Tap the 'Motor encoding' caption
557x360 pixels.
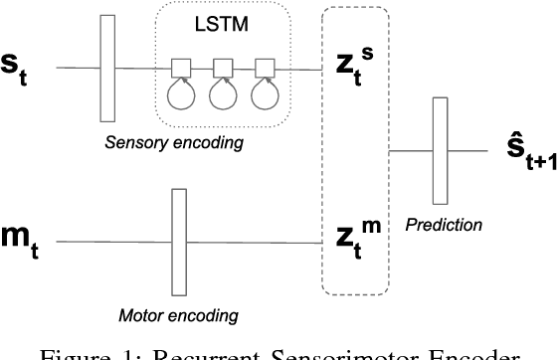click(180, 316)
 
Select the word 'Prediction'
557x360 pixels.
click(444, 226)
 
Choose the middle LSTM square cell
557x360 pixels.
click(224, 68)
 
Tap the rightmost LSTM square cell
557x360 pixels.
click(264, 68)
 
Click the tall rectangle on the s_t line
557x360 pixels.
click(108, 68)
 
